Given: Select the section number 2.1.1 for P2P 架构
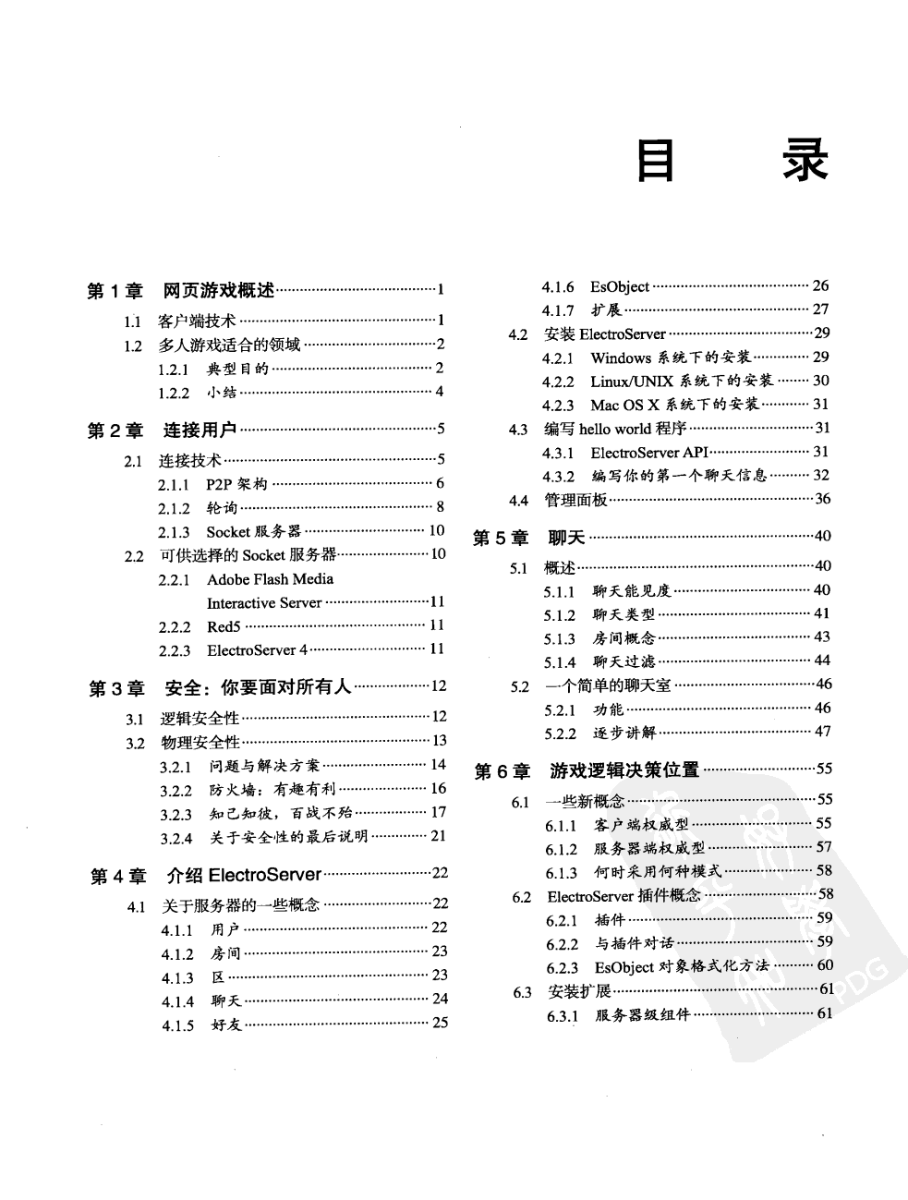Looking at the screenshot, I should pos(174,484).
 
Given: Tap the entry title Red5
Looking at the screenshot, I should pos(224,626).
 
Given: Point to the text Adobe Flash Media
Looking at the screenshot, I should pos(270,579).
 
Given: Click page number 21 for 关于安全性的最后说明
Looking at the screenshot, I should pos(438,836).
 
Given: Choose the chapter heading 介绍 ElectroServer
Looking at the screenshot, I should pos(244,874).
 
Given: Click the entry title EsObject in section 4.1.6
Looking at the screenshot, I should pos(620,286).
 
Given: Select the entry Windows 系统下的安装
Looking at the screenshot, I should pos(671,358).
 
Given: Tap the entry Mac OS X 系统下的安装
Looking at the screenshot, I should pos(674,405).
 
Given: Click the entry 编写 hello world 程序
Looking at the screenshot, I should pos(615,429).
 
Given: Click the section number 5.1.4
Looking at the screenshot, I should pos(559,661).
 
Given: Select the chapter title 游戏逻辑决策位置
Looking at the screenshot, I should pos(624,770).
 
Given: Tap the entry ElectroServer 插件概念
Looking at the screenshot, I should pos(623,895).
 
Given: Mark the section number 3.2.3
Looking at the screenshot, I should pos(176,814).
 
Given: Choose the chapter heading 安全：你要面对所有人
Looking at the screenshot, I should pos(258,687).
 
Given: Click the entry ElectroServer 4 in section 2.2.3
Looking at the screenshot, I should pos(257,650).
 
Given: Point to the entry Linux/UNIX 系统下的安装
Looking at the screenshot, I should pos(682,382).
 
